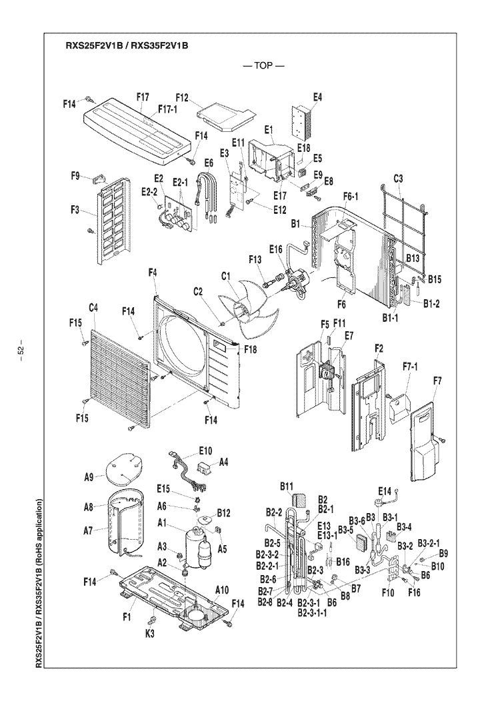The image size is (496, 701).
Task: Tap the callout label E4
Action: (x=317, y=97)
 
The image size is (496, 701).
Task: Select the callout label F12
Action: (x=182, y=97)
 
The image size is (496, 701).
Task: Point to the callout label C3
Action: (x=399, y=179)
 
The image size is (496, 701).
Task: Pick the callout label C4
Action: (x=93, y=308)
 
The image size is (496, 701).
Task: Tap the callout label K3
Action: (x=150, y=633)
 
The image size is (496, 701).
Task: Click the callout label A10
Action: (x=222, y=590)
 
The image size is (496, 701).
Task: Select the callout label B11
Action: (x=287, y=486)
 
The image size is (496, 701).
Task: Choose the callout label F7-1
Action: (x=410, y=367)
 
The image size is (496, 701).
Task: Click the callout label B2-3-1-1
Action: (x=312, y=612)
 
